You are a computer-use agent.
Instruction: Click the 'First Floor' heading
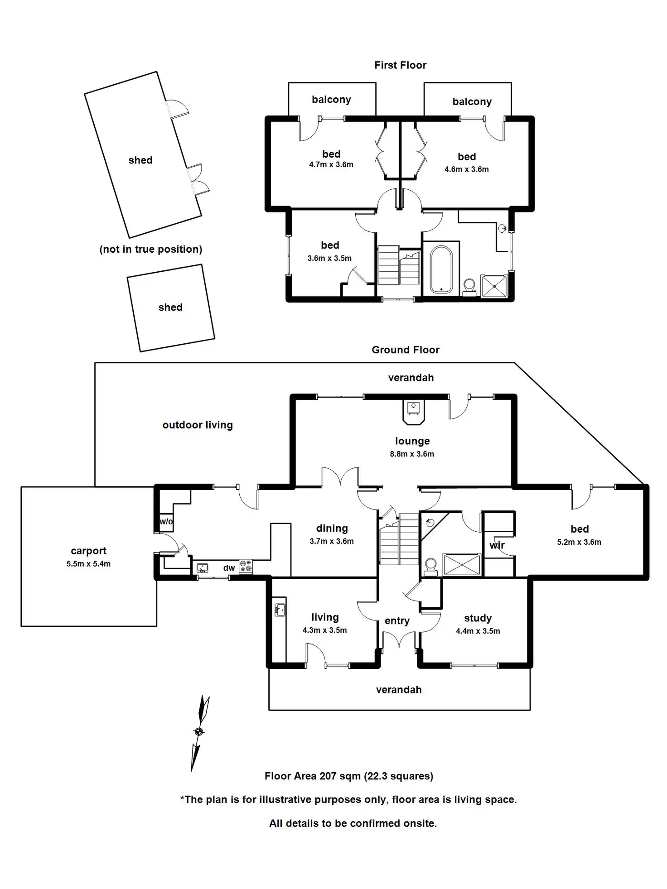click(x=400, y=65)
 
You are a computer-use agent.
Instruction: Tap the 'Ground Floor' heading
click(x=406, y=350)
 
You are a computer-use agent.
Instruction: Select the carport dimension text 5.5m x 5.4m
click(x=88, y=564)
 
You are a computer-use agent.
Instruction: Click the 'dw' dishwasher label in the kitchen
click(x=229, y=568)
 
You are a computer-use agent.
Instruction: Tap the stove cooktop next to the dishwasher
click(x=246, y=567)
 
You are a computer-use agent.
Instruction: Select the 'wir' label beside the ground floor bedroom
click(x=497, y=545)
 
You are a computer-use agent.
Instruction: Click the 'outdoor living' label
click(x=198, y=425)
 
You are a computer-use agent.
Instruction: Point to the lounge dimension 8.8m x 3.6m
click(x=412, y=454)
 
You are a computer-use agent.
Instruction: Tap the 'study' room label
click(x=478, y=618)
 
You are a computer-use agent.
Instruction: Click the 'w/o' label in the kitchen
click(x=166, y=521)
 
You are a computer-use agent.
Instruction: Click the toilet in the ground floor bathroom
click(x=430, y=566)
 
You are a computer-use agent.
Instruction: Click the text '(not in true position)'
click(x=151, y=249)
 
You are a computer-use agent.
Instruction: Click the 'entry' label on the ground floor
click(x=397, y=621)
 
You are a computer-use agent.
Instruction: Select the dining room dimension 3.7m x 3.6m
click(x=332, y=541)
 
